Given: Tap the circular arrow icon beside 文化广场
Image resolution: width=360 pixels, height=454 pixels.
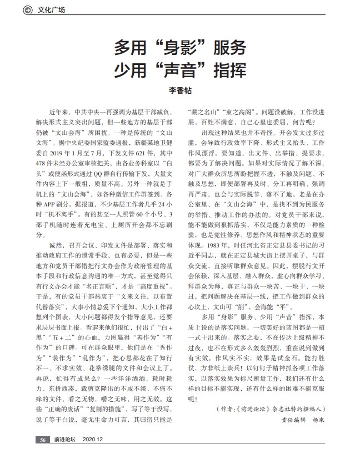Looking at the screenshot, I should click(x=28, y=10).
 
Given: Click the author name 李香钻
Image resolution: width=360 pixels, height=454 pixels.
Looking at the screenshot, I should click(x=180, y=90).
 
